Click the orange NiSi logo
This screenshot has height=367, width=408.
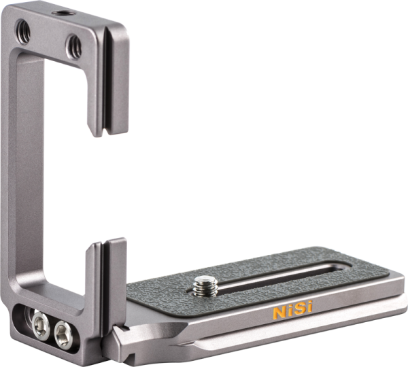click(292, 309)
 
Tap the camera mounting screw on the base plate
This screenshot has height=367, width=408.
click(205, 286)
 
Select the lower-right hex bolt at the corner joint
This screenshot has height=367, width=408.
click(63, 334)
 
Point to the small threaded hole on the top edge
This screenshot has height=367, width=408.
click(63, 13)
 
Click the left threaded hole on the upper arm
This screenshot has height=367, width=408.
click(23, 32)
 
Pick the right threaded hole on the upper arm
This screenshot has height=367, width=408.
click(73, 47)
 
